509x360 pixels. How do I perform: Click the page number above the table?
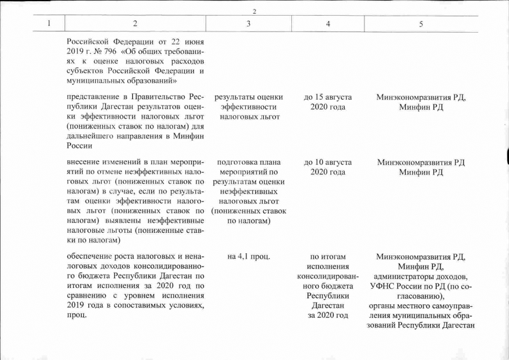click(254, 12)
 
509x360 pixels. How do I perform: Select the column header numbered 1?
click(49, 24)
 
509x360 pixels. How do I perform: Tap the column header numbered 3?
click(248, 24)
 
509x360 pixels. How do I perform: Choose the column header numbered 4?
click(328, 24)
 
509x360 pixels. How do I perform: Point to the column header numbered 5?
click(421, 24)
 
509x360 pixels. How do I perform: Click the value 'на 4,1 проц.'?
click(248, 257)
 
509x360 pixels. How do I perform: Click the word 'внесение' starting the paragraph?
click(84, 162)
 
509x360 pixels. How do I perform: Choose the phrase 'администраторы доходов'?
click(421, 277)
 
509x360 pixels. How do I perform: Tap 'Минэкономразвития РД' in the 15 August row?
click(421, 97)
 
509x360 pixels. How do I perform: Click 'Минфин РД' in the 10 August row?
click(421, 172)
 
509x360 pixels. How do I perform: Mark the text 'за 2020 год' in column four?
click(328, 314)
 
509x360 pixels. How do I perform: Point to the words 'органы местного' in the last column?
click(399, 306)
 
